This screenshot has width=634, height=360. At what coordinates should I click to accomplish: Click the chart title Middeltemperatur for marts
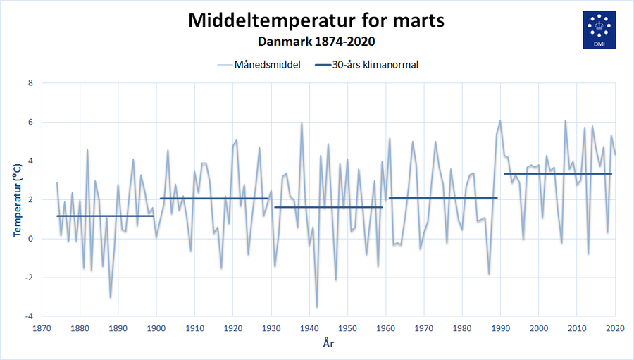pyautogui.click(x=316, y=20)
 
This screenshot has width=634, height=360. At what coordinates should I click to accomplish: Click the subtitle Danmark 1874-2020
pyautogui.click(x=316, y=42)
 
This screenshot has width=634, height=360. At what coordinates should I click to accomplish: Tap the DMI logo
pyautogui.click(x=599, y=30)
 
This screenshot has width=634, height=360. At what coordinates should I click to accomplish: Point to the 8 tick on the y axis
pyautogui.click(x=30, y=83)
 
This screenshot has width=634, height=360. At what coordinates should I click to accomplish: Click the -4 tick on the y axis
pyautogui.click(x=28, y=316)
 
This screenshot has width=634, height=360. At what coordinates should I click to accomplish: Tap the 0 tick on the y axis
pyautogui.click(x=30, y=239)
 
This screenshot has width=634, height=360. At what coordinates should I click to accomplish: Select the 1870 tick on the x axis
pyautogui.click(x=42, y=328)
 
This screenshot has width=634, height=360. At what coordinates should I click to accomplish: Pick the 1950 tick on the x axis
pyautogui.click(x=348, y=328)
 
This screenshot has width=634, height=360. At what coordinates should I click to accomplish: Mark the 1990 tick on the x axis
pyautogui.click(x=501, y=328)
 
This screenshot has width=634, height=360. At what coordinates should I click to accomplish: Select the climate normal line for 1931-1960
pyautogui.click(x=328, y=207)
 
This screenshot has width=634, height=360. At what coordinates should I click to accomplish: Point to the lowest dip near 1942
pyautogui.click(x=317, y=306)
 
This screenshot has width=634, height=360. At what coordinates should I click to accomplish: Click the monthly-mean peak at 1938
pyautogui.click(x=302, y=123)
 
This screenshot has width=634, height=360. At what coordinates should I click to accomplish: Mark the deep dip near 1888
pyautogui.click(x=111, y=297)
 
